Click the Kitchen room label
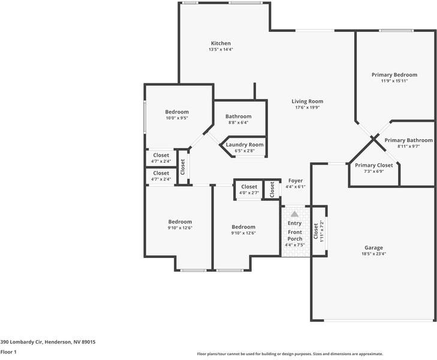(x=221, y=43)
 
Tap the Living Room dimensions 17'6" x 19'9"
(x=308, y=108)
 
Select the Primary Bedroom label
(x=394, y=74)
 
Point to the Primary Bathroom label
(x=408, y=140)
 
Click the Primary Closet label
(x=373, y=165)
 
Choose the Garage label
(x=373, y=247)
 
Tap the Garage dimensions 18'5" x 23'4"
(x=373, y=254)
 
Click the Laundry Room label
(x=245, y=145)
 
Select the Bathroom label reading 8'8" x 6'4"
(x=238, y=116)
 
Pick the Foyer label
(x=296, y=180)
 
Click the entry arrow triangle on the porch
(x=294, y=213)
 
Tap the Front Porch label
(x=294, y=235)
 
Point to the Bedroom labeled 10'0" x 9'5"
(x=177, y=112)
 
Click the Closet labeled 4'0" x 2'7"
(x=249, y=187)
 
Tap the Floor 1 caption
(x=8, y=352)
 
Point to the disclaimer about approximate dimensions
(x=290, y=354)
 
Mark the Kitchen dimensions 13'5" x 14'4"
(x=221, y=50)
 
